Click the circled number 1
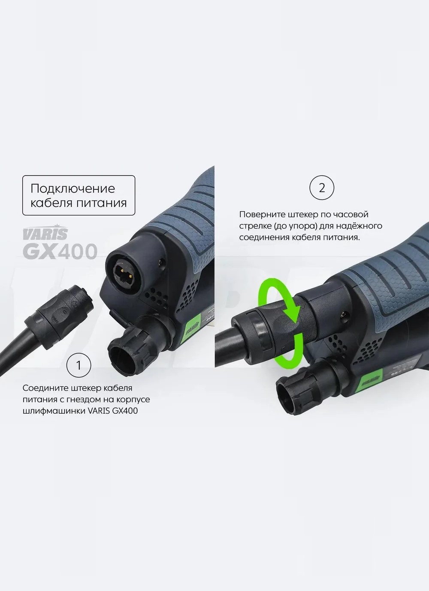click(79, 365)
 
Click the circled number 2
click(322, 188)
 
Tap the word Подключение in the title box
click(73, 189)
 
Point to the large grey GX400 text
click(60, 251)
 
